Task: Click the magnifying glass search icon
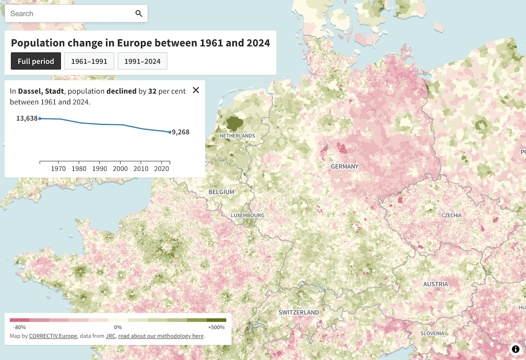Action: point(139,14)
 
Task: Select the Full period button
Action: point(36,61)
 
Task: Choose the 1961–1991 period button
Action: point(89,61)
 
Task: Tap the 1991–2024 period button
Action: point(142,61)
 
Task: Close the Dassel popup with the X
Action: point(196,90)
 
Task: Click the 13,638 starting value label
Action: point(27,118)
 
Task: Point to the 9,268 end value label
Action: point(181,132)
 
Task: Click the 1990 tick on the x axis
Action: point(100,169)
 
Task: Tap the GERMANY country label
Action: point(345,166)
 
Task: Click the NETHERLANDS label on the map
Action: point(237,136)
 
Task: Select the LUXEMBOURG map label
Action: point(248,215)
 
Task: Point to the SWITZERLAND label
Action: point(299,313)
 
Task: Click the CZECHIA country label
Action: point(451,215)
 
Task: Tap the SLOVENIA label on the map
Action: point(432,333)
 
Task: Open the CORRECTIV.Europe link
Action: point(53,336)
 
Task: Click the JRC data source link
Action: point(111,336)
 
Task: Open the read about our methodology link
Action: point(161,336)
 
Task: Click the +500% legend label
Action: point(216,327)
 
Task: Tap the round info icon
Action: point(515,349)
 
